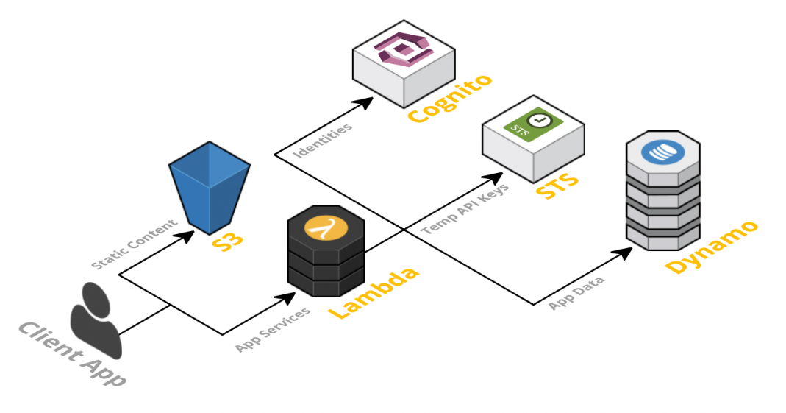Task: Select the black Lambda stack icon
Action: click(325, 252)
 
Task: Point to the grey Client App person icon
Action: click(95, 319)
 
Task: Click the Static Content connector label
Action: click(135, 243)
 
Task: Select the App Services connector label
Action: click(273, 328)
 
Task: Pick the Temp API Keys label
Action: click(465, 208)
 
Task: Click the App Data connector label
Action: click(577, 292)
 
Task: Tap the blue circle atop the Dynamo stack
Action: click(662, 152)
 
